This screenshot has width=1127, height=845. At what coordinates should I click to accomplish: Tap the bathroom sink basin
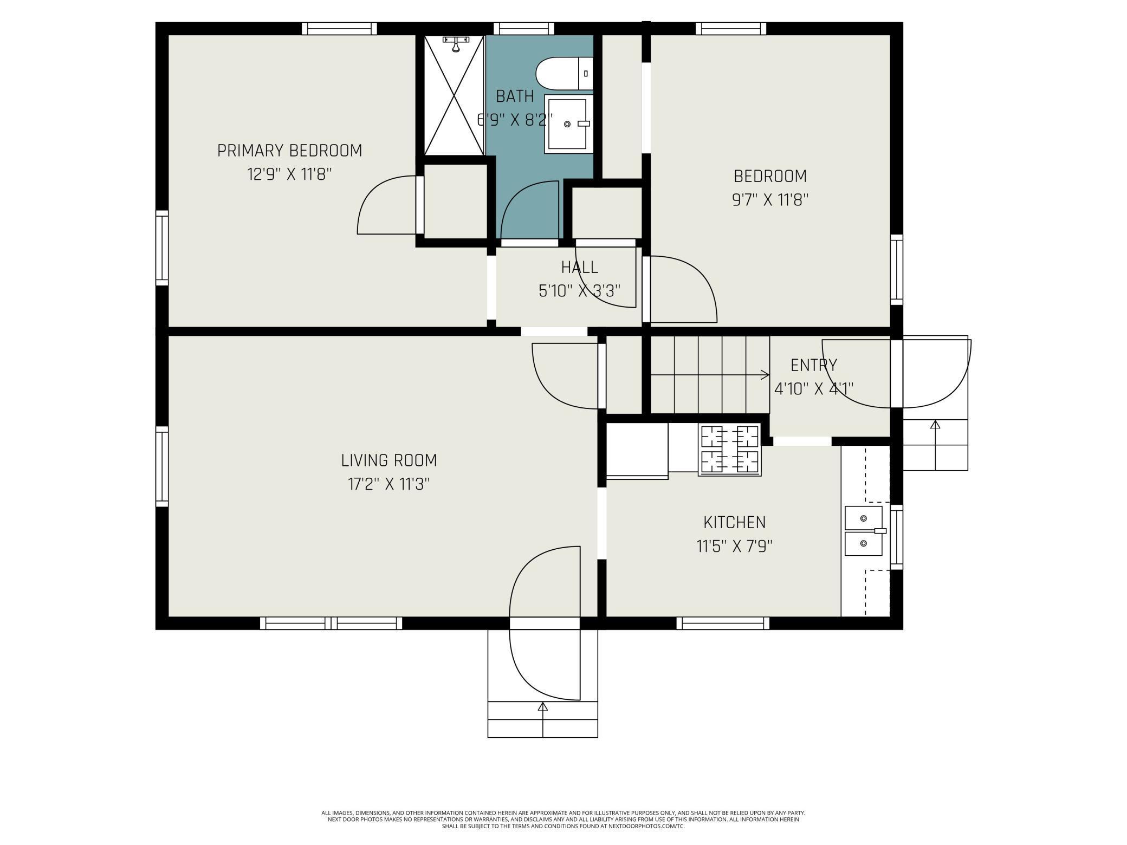pyautogui.click(x=567, y=124)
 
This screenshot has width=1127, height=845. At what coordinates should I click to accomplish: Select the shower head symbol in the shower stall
pyautogui.click(x=455, y=43)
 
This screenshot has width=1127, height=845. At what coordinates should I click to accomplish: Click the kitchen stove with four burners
pyautogui.click(x=729, y=450)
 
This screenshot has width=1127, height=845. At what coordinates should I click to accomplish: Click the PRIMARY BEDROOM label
pyautogui.click(x=289, y=151)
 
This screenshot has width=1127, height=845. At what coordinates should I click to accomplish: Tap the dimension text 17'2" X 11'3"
pyautogui.click(x=388, y=484)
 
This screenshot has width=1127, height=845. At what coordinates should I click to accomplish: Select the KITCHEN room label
pyautogui.click(x=734, y=522)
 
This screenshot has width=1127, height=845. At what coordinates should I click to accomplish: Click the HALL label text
pyautogui.click(x=579, y=267)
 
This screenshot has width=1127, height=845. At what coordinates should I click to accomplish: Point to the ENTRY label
pyautogui.click(x=813, y=365)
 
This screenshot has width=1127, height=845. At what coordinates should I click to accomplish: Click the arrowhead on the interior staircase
pyautogui.click(x=765, y=375)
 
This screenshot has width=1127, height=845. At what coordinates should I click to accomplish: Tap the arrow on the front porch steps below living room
pyautogui.click(x=542, y=707)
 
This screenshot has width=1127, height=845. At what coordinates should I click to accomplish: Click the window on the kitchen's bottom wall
pyautogui.click(x=723, y=623)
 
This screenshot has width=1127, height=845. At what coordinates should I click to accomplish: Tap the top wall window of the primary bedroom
pyautogui.click(x=339, y=28)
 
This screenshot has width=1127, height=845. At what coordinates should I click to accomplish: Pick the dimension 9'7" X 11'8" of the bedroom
pyautogui.click(x=770, y=200)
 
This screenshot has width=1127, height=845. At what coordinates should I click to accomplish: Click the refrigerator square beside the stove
pyautogui.click(x=637, y=450)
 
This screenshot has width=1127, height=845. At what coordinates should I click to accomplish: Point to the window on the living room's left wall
pyautogui.click(x=161, y=466)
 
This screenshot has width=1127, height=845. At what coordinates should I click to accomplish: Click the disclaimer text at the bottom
pyautogui.click(x=563, y=819)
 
